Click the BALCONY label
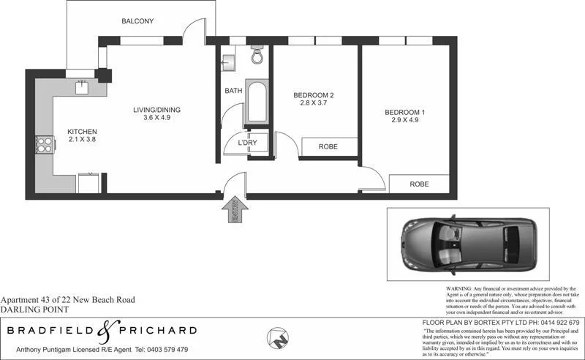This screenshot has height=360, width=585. coord(137,21)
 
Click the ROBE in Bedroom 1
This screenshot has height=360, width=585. coord(418,184)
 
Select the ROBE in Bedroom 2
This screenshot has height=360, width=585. coord(328,147)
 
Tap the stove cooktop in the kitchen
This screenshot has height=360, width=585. coord(45,145)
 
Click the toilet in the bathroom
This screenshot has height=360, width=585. coord(257,56)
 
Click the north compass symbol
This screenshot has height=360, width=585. coord(278,339)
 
